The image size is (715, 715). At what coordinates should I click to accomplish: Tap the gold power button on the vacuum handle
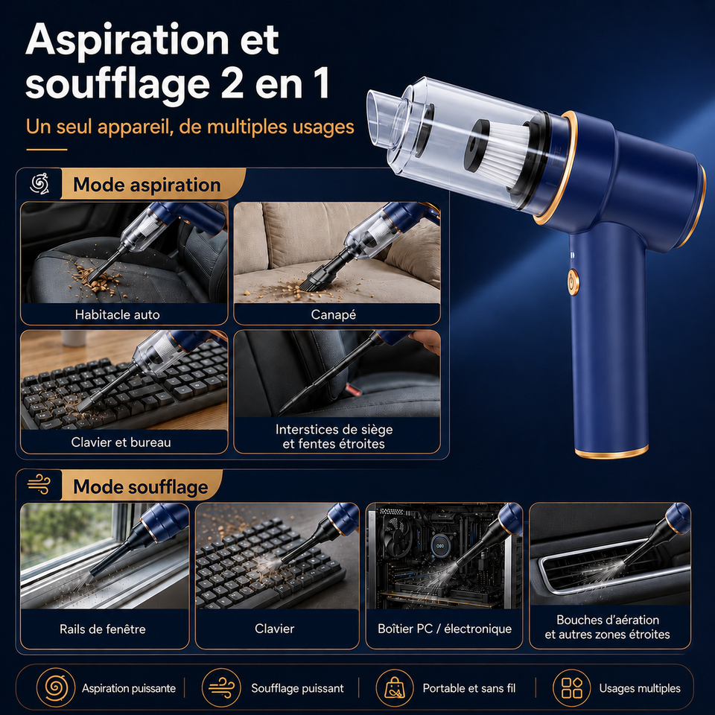[573, 282]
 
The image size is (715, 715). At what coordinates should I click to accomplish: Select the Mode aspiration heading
[147, 185]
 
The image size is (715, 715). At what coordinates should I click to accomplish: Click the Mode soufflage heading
[141, 486]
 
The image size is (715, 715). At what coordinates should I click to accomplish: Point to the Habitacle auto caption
[117, 314]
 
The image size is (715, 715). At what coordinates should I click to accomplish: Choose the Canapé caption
[334, 314]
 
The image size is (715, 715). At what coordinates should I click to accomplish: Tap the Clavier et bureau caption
[121, 442]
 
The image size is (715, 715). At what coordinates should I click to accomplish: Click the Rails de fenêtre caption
[103, 629]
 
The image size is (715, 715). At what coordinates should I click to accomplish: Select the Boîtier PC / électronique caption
[445, 629]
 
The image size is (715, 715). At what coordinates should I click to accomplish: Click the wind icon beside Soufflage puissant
[221, 688]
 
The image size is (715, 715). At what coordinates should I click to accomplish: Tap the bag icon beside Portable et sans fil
[395, 688]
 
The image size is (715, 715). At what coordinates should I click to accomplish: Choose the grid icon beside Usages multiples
[571, 688]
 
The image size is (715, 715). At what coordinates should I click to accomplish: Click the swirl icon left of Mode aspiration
[39, 184]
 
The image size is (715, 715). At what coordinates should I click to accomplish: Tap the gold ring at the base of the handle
[611, 451]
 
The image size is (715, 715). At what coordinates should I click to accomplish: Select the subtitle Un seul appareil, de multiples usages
[190, 127]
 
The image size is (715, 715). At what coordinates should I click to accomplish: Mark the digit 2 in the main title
[232, 84]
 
